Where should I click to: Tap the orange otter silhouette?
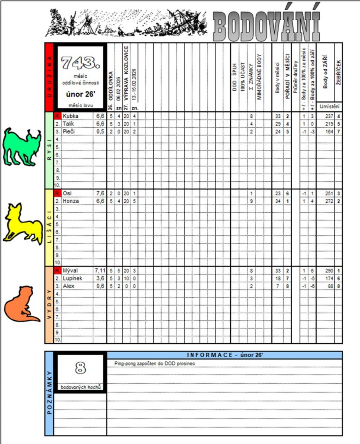21,304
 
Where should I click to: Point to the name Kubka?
69,116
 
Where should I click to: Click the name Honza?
71,201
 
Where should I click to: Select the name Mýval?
70,270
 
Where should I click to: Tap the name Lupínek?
72,278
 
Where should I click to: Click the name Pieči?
69,131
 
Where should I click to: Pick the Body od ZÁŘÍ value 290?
328,270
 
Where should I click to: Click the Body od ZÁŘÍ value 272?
328,201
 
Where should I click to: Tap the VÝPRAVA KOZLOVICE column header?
126,72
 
